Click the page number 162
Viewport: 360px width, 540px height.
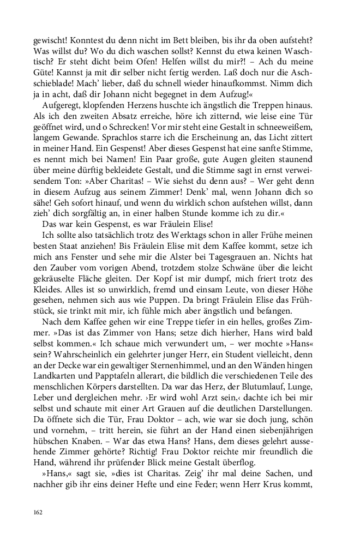tap(38, 512)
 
